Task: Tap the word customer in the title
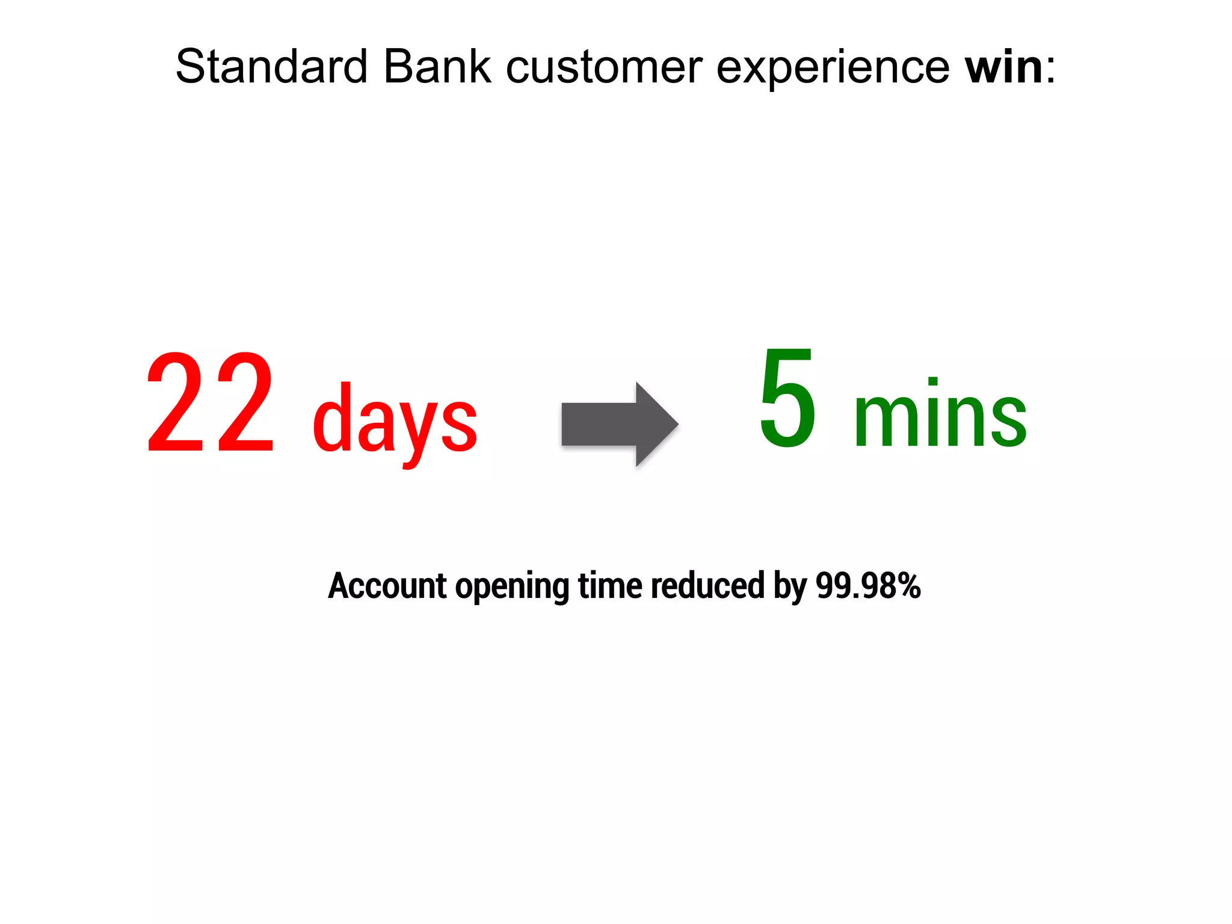pos(604,67)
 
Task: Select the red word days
pos(395,421)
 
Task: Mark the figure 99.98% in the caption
pos(868,585)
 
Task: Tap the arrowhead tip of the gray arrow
pos(676,424)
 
